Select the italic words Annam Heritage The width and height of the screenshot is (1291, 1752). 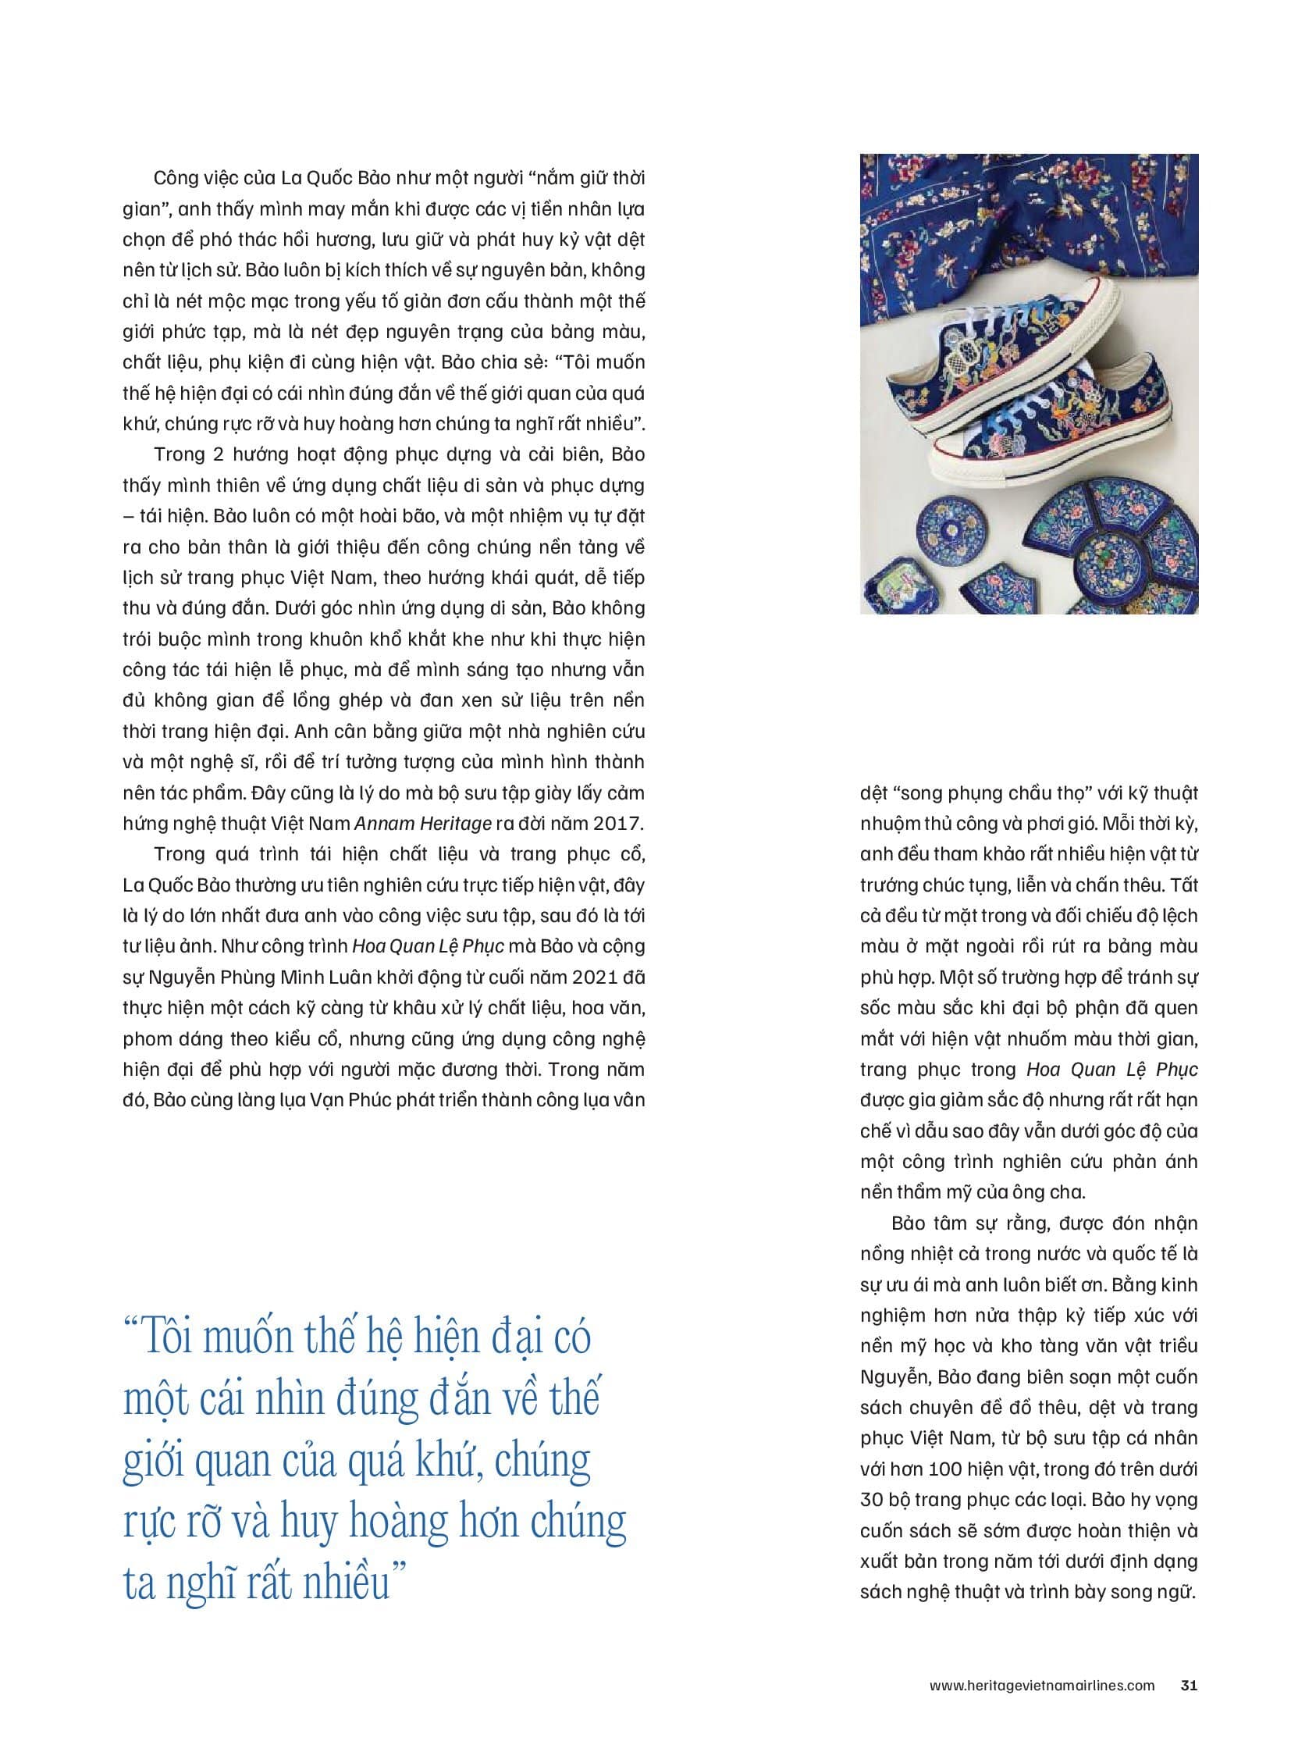[423, 823]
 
